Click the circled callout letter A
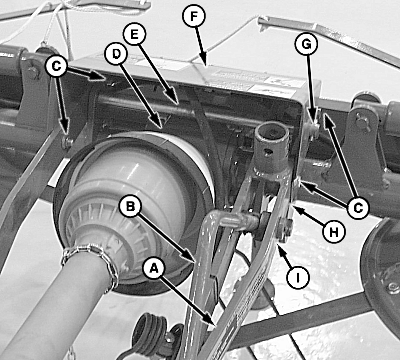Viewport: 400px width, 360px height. [x=154, y=268]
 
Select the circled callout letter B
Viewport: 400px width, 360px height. [x=130, y=206]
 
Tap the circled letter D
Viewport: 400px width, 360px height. [x=116, y=54]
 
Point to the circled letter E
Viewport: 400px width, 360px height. [x=134, y=34]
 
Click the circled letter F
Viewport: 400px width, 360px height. [x=194, y=16]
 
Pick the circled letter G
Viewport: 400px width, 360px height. [x=306, y=44]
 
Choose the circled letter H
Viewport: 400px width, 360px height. [x=334, y=231]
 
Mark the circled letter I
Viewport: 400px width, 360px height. [x=298, y=277]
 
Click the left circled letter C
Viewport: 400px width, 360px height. [x=56, y=66]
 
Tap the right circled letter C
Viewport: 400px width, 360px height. [x=358, y=208]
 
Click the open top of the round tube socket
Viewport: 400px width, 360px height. [x=272, y=132]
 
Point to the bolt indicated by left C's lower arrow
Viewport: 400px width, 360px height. [x=67, y=143]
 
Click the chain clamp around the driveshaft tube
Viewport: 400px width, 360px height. [x=90, y=263]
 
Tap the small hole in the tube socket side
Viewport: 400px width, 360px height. [x=268, y=153]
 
